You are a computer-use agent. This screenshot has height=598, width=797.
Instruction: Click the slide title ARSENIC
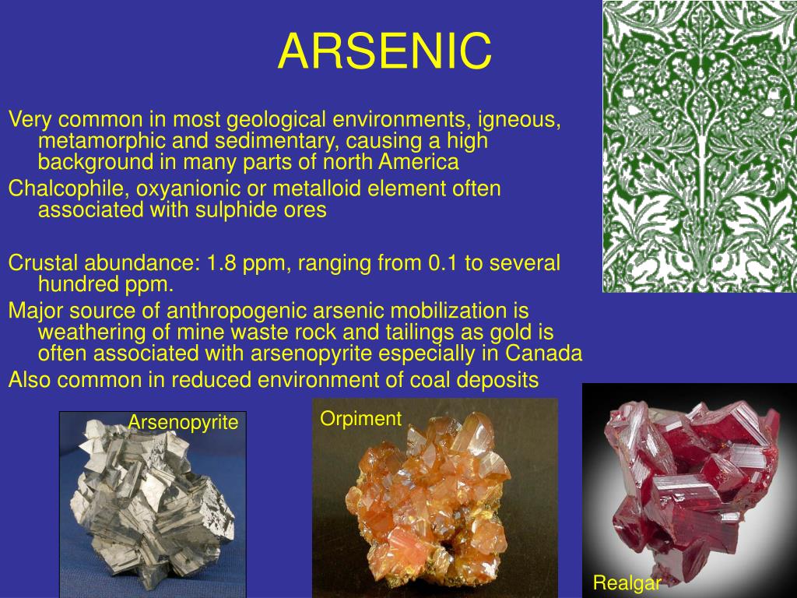coord(384,51)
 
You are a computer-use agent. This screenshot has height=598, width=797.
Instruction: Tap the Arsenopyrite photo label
coord(183,423)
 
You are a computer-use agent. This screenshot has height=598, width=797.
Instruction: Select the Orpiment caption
coord(360,419)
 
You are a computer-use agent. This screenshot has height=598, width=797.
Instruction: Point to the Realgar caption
coord(627,582)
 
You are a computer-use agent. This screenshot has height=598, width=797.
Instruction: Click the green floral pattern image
coord(699,146)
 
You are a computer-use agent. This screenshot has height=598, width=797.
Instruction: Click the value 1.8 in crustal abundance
coord(222,263)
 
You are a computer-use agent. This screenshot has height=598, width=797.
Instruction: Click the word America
coord(420,162)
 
